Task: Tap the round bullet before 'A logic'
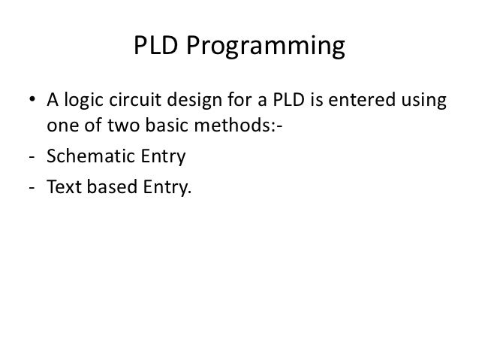[33, 102]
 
